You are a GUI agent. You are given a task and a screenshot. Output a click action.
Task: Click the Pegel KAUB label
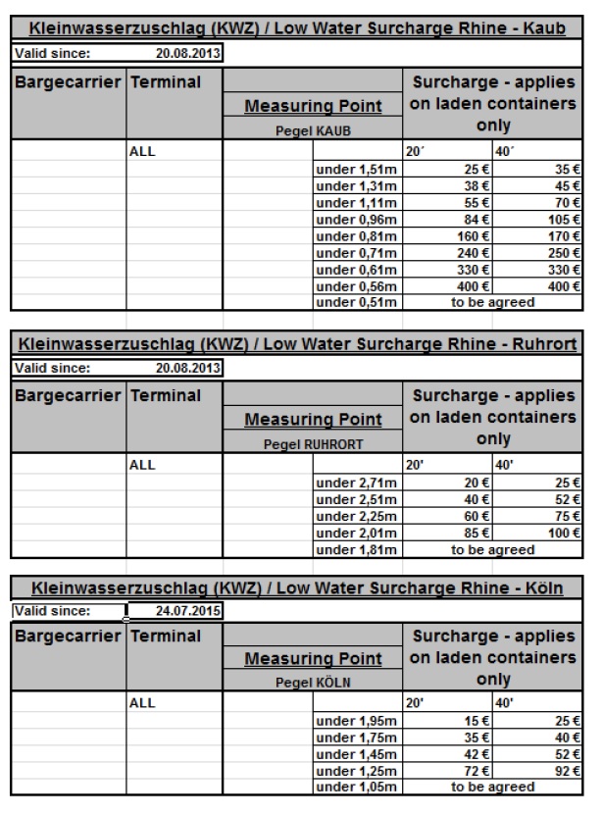313,130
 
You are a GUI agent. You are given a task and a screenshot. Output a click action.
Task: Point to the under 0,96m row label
354,219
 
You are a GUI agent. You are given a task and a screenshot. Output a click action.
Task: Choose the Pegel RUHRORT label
313,444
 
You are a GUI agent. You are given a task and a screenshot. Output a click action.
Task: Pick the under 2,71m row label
354,483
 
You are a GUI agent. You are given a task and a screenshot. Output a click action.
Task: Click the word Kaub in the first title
541,29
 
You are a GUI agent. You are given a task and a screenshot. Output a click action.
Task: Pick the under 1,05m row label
354,788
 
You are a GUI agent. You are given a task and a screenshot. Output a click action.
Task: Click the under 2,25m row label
354,516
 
